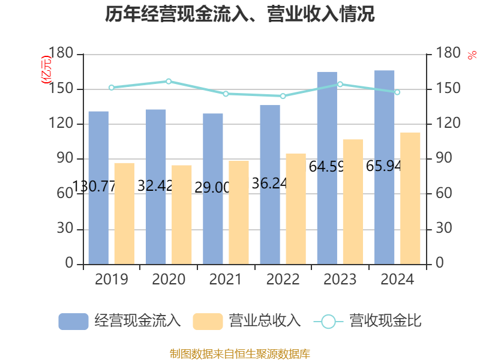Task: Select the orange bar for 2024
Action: tap(410, 198)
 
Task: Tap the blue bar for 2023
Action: tap(327, 167)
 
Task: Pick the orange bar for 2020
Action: tap(182, 214)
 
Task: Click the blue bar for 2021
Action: tap(212, 188)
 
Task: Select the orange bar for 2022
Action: tap(296, 208)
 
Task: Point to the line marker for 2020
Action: tap(169, 81)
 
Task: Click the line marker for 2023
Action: tap(340, 84)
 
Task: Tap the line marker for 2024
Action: tap(397, 92)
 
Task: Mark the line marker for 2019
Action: tap(112, 87)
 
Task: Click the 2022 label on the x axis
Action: tap(283, 280)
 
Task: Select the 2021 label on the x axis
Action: tap(226, 280)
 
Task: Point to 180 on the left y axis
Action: tap(62, 54)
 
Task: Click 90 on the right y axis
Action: tap(444, 159)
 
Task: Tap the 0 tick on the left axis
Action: tap(69, 263)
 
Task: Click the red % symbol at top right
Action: tap(472, 55)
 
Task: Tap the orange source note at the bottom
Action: tap(240, 353)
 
